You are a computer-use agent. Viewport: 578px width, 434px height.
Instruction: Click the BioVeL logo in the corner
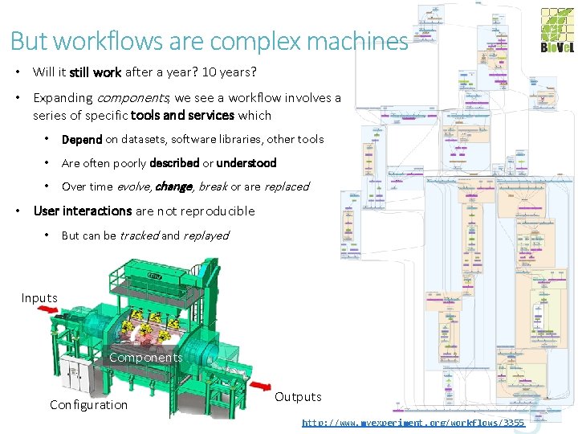pos(556,31)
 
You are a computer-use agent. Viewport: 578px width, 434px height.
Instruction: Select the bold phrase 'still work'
pos(95,72)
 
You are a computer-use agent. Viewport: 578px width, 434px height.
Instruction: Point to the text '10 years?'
pos(230,72)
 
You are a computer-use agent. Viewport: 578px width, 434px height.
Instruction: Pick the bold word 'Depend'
pos(82,139)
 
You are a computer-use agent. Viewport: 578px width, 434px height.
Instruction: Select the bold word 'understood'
pos(246,163)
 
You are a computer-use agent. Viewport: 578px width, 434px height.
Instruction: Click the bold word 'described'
pos(174,163)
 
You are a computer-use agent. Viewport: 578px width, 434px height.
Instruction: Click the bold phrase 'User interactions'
pos(82,211)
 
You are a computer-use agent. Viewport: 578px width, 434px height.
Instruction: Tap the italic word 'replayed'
pos(206,235)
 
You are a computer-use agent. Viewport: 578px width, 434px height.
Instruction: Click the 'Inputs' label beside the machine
pos(39,298)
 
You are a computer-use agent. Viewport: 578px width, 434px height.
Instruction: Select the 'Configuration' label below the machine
pos(88,405)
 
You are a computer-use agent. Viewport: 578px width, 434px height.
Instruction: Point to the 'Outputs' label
pos(298,397)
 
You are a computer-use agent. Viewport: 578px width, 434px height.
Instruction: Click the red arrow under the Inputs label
pos(59,311)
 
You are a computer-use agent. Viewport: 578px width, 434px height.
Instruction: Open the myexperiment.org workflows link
pos(413,423)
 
